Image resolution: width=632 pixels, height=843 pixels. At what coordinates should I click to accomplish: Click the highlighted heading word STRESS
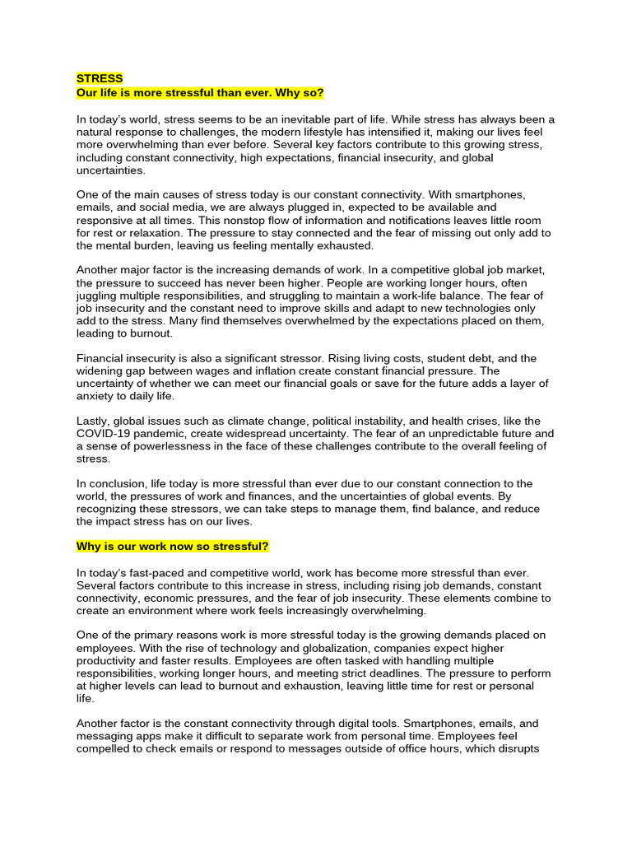coord(100,78)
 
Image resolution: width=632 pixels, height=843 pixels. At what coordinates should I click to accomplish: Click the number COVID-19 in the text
coord(108,433)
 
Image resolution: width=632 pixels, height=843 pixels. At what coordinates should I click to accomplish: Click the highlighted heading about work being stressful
coord(173,547)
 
